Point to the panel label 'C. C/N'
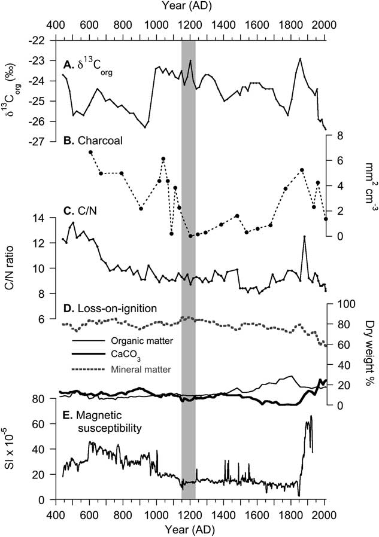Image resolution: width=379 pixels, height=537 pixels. coord(80,209)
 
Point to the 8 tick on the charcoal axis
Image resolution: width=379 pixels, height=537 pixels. coord(339,136)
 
